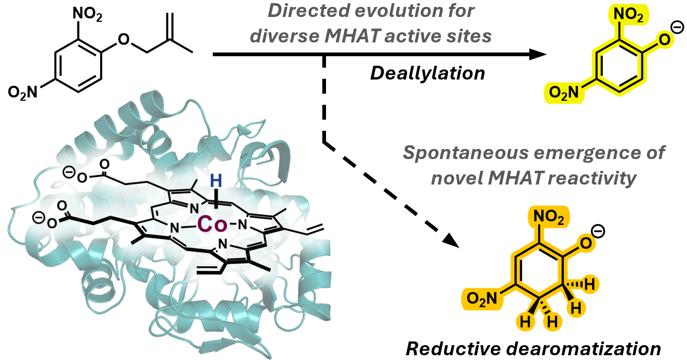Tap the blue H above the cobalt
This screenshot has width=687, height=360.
click(216, 181)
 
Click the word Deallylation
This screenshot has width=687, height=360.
click(428, 74)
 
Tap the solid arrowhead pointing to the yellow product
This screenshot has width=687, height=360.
click(538, 54)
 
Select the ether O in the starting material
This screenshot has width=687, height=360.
click(124, 39)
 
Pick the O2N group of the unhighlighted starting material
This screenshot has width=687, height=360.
click(23, 92)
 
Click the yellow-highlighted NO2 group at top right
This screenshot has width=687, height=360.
click(628, 14)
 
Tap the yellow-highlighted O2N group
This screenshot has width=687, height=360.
click(563, 93)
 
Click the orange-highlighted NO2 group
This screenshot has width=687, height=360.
click(549, 217)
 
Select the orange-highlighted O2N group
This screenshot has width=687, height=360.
click(482, 298)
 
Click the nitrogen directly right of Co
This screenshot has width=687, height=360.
click(243, 225)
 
